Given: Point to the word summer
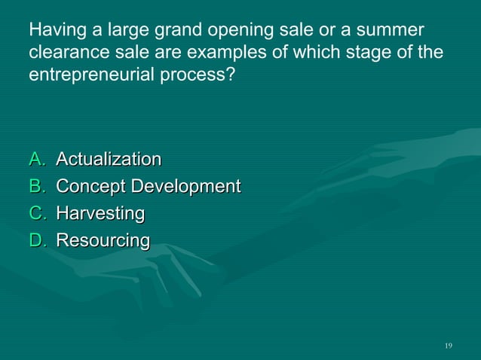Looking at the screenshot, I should tap(392, 32).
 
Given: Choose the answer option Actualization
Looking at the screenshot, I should tap(109, 160).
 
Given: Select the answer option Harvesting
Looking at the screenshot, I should tap(100, 214).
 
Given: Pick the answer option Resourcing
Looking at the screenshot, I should tap(103, 241).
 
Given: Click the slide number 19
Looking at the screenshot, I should tap(449, 346).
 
